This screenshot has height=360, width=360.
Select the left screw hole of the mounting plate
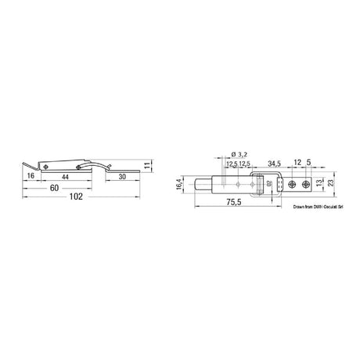click(x=290, y=186)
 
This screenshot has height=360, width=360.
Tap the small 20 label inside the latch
click(x=269, y=185)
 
